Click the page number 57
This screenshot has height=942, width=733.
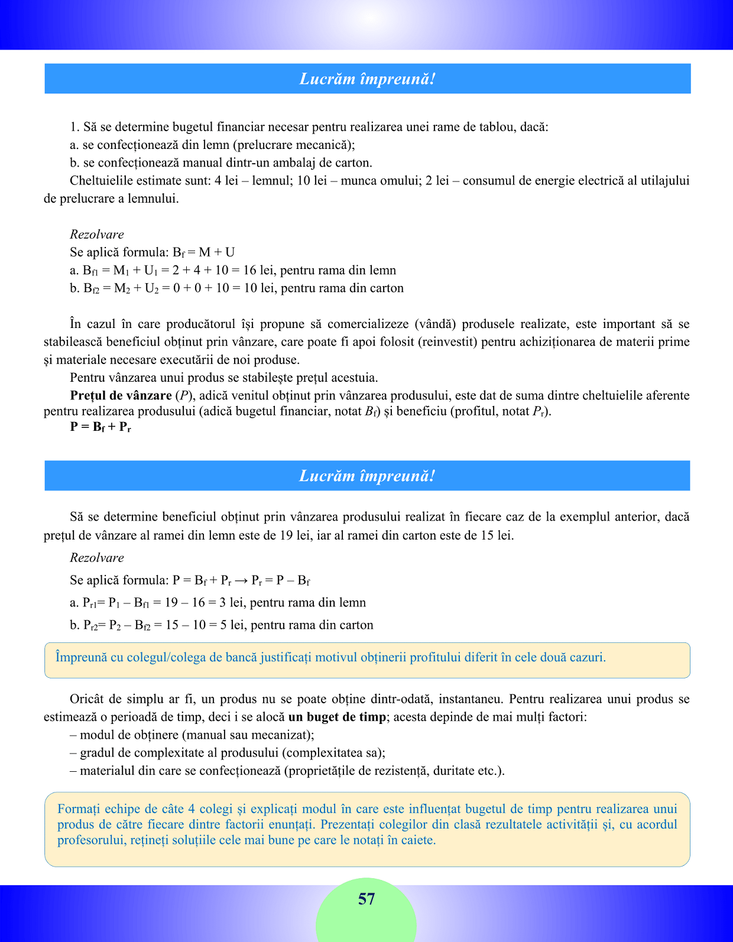367,899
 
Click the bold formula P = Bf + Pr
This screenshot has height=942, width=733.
100,427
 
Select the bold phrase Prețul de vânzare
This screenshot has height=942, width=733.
121,395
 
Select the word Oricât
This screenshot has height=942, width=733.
87,699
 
